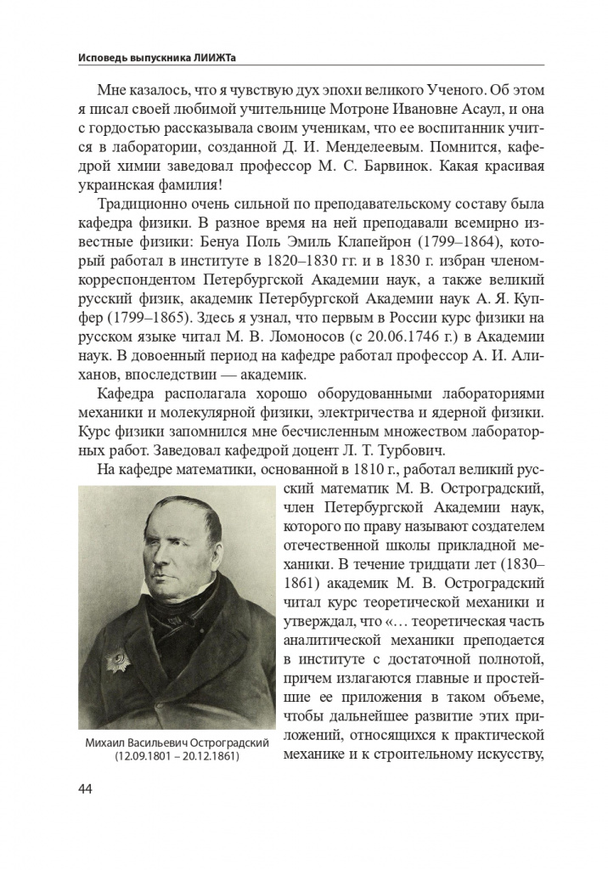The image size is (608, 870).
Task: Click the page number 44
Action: point(85,788)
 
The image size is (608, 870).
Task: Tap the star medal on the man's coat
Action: point(114,659)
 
